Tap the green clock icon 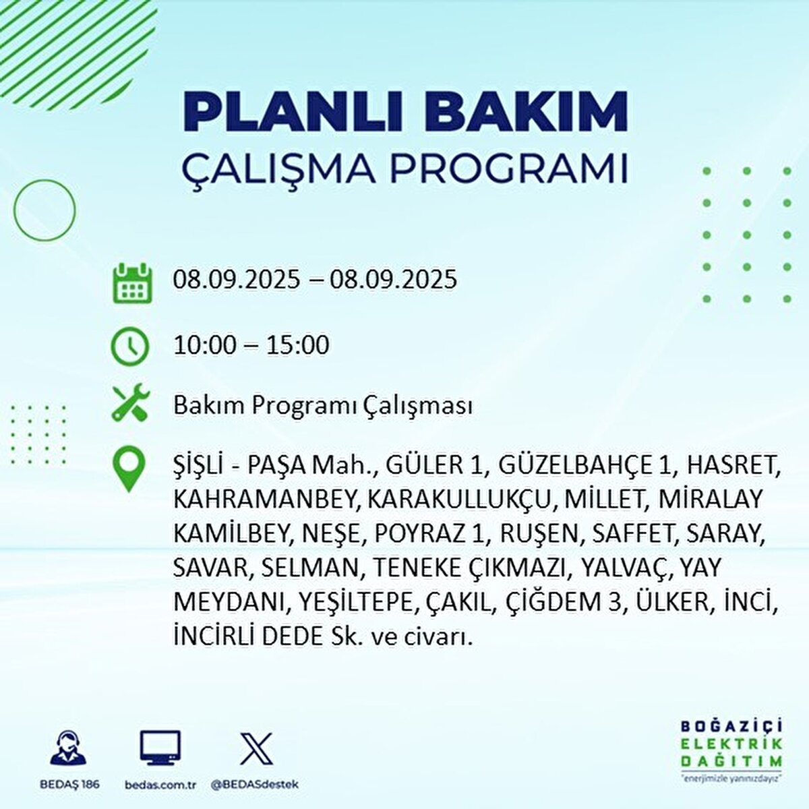[129, 346]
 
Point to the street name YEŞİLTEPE [353, 601]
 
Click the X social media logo [256, 749]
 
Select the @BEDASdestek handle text [255, 784]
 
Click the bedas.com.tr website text [160, 784]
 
